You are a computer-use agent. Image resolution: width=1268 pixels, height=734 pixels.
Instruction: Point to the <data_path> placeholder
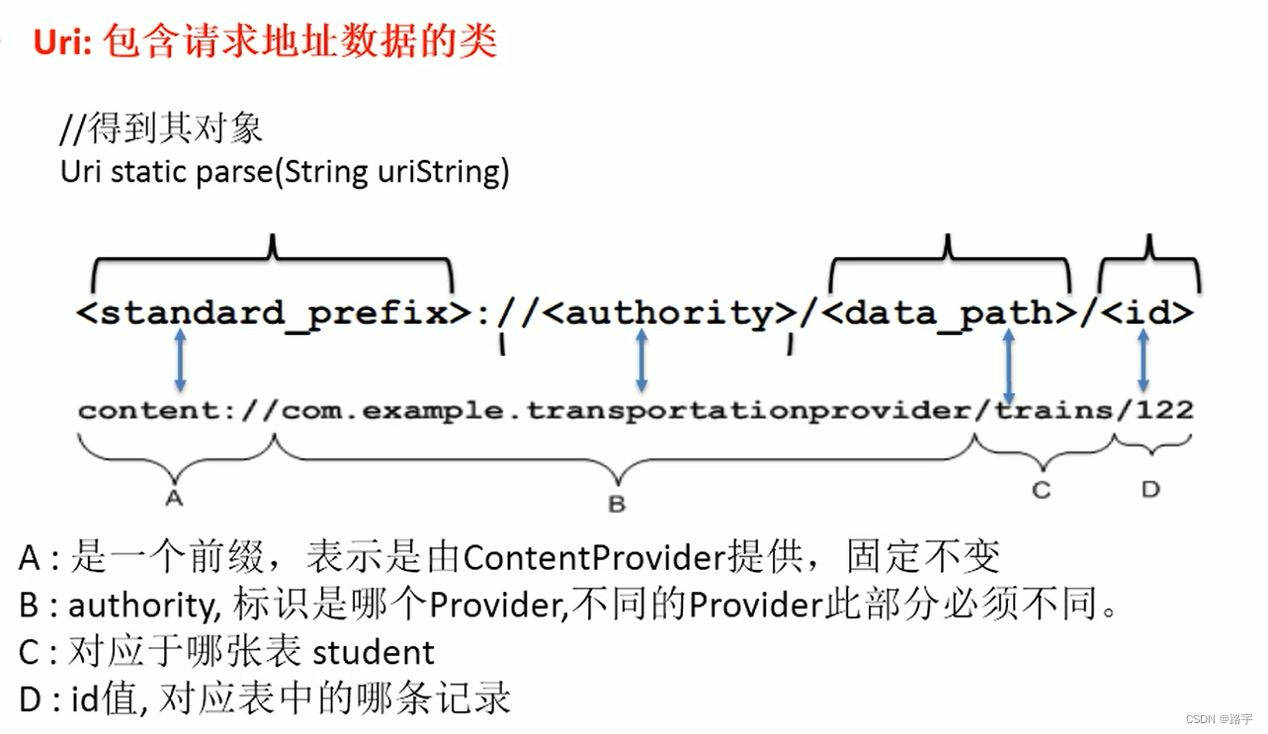949,313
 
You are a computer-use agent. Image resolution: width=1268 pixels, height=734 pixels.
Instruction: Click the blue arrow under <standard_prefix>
180,361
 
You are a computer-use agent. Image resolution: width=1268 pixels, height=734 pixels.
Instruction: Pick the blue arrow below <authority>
641,361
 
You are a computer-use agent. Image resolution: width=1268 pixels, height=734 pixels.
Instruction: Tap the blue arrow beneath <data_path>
1008,366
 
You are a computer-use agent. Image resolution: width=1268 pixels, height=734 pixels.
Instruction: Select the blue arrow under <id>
1143,361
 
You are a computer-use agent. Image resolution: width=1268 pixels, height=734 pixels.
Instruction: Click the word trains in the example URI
1054,410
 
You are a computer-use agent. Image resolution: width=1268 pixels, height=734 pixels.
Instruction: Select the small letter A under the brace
175,498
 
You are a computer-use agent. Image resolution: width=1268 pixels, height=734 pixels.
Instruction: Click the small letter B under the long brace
617,504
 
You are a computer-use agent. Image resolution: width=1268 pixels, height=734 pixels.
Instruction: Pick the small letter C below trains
1041,489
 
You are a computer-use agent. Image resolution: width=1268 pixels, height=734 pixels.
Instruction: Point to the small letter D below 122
1150,489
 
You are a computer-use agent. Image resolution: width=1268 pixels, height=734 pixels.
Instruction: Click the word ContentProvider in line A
594,558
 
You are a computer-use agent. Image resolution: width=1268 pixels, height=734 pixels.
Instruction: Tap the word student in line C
374,653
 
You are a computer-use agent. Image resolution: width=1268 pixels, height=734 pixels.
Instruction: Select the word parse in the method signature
234,172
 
